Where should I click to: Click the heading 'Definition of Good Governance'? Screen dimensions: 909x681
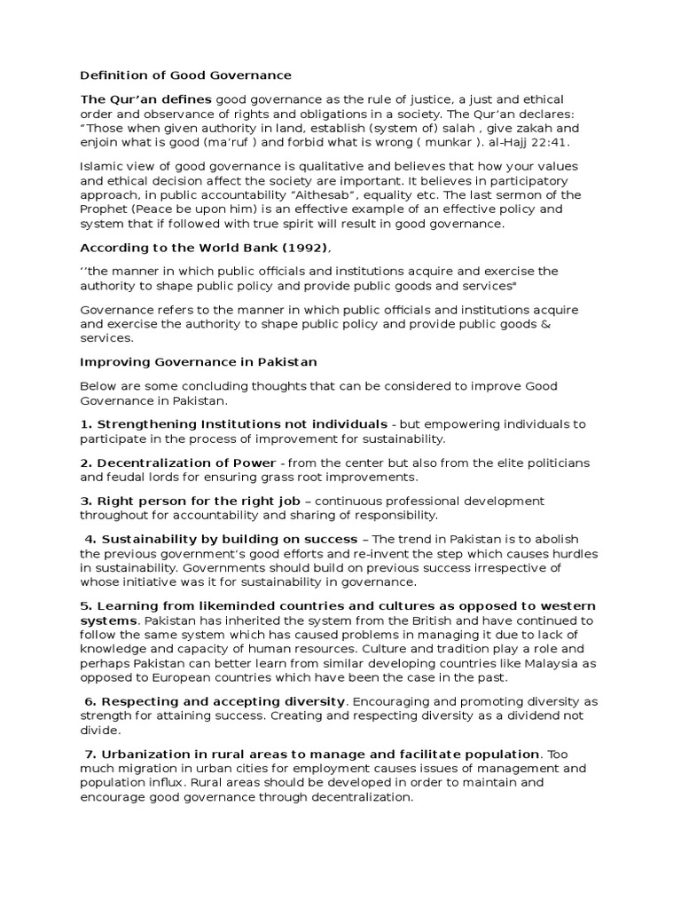185,75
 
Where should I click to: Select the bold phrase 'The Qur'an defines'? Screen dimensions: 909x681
145,99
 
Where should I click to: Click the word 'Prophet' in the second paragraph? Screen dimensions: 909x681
106,209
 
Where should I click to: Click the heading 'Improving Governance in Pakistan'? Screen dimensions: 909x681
199,362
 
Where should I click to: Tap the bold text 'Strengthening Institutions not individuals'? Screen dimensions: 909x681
241,424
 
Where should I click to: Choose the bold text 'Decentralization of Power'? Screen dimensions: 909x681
185,463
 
